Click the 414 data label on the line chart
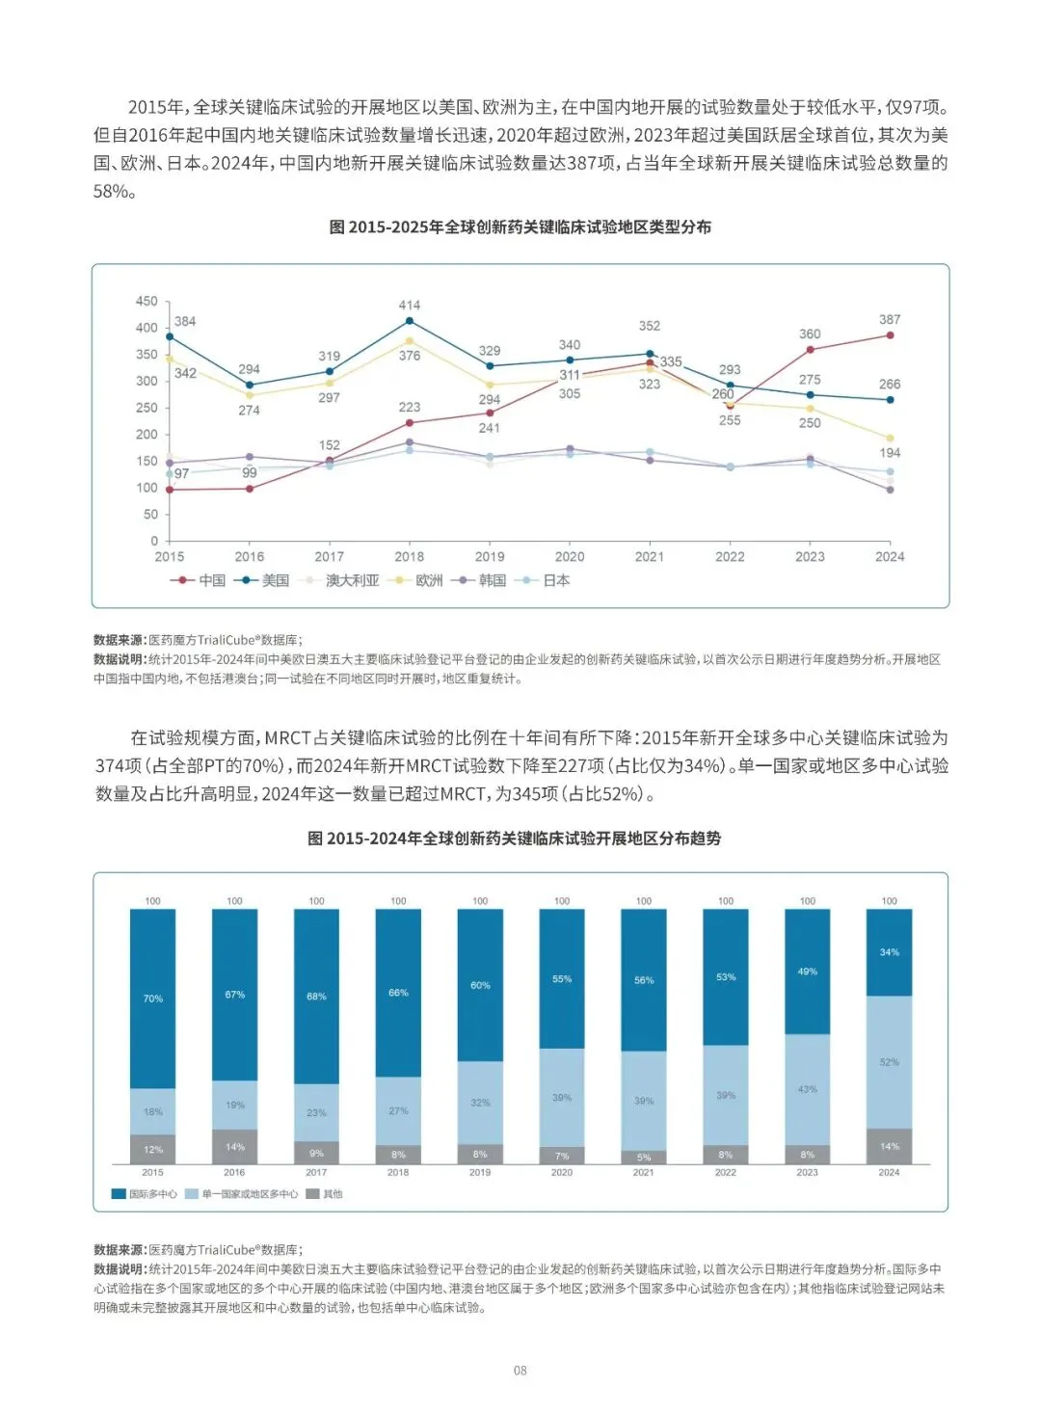coord(410,306)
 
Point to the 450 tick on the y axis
coord(147,302)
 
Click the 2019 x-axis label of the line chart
coord(490,556)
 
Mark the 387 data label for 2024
coord(890,319)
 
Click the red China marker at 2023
coord(810,350)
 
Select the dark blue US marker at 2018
coord(410,321)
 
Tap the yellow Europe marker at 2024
coord(890,439)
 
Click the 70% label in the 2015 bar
coord(153,999)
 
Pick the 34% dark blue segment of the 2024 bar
coord(889,952)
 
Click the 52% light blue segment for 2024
coord(889,1062)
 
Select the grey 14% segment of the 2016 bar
coord(235,1147)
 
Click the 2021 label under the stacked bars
coord(644,1173)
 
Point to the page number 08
coord(520,1371)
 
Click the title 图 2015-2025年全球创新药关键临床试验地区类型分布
coord(520,227)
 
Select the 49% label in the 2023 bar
coord(808,972)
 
